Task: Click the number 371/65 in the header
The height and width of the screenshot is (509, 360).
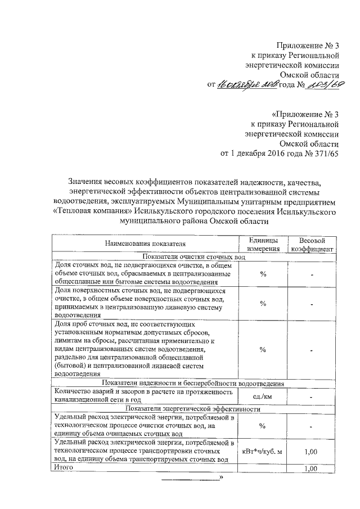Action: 325,154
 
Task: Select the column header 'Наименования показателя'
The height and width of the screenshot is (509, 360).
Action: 145,244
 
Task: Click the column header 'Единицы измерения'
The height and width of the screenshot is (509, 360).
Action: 263,244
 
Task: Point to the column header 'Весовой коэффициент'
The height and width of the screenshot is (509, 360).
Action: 312,244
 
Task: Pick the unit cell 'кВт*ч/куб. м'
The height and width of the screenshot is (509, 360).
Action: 263,451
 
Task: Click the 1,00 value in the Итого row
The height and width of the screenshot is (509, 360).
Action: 312,469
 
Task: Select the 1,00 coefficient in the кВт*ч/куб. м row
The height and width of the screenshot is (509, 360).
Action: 312,451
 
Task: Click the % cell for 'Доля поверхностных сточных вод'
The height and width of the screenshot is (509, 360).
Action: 263,304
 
